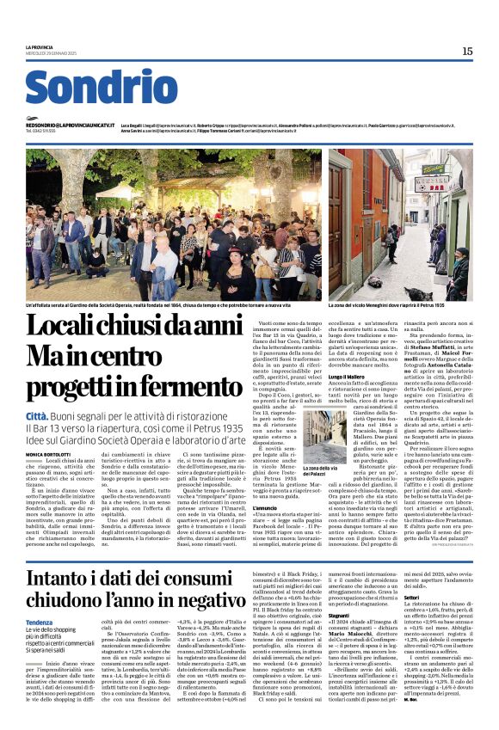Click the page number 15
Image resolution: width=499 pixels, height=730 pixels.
(467, 52)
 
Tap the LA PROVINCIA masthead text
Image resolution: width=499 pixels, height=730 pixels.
(39, 46)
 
